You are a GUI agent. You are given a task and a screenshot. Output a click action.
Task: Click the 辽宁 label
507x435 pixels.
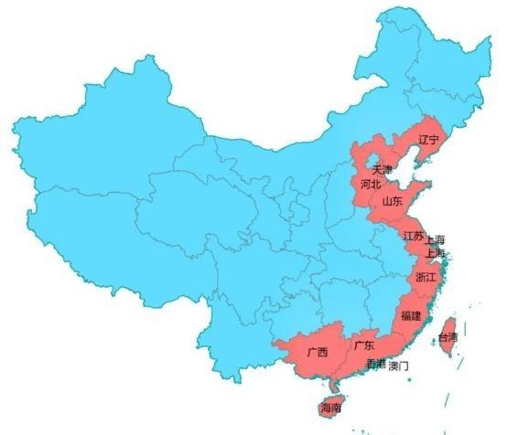coord(428,141)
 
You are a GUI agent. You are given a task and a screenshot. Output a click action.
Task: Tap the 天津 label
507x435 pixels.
coord(382,170)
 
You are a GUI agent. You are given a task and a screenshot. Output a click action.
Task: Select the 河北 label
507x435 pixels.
coord(371,184)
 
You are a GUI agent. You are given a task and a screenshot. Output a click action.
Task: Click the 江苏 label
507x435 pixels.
coord(413,236)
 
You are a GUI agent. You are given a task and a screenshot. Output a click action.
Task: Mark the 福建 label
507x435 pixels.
coord(411,315)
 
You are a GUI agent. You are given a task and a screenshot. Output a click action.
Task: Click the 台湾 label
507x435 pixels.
coord(447,337)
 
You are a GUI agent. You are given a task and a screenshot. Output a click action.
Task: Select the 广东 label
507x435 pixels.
coord(362,345)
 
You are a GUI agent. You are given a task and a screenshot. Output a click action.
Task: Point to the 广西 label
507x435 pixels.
coord(318,352)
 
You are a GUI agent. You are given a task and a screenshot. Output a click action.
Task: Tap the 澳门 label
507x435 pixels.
coord(398,366)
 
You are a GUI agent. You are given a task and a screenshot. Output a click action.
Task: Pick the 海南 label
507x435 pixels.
coord(330,408)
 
